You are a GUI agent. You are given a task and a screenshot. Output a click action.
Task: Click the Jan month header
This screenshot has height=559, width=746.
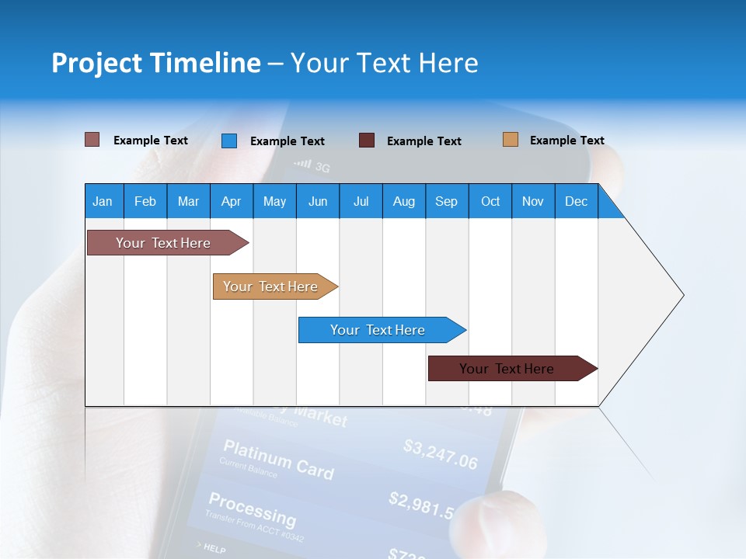pos(103,201)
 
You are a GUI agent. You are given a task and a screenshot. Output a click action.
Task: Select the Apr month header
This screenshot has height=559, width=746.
pos(231,201)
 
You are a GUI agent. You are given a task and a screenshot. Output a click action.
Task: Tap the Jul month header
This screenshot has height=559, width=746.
pos(361,201)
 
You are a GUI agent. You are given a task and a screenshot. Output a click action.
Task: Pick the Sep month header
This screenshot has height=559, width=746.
pos(446,201)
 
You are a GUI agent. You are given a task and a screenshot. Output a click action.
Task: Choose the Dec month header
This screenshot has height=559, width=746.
pos(576,201)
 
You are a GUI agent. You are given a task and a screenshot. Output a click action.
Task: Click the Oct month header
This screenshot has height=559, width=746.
pos(490,201)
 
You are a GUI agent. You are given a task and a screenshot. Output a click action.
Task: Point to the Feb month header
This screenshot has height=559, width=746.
pos(145,201)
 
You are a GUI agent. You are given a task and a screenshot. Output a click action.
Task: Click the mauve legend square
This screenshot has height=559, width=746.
pos(92,140)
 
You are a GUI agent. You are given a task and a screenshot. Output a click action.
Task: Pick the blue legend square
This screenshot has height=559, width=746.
pos(229,141)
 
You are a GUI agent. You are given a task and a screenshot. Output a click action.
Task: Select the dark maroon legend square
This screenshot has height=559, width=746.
pos(367,140)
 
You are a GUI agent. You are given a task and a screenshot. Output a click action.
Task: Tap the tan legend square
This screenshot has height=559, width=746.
pos(510,140)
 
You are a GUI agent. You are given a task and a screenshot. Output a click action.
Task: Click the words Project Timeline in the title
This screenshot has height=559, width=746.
pos(156,63)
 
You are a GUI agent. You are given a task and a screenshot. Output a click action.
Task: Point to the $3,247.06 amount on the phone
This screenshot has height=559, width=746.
pos(441,454)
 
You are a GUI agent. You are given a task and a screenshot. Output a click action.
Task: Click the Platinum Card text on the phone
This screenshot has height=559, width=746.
pos(278,459)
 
